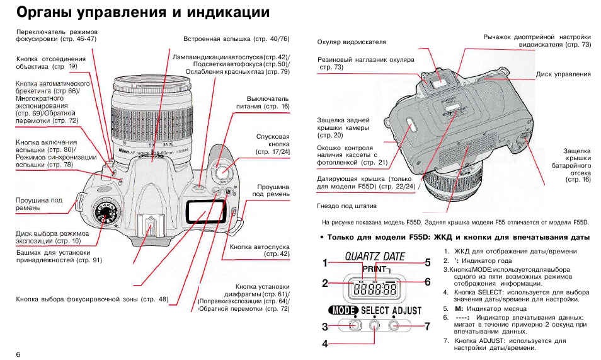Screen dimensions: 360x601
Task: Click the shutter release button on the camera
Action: [220, 170]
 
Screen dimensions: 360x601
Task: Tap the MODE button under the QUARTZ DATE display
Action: [354, 325]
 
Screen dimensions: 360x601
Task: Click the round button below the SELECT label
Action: [374, 325]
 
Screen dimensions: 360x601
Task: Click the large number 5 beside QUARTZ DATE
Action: [427, 262]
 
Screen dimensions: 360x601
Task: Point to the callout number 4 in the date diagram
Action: [326, 344]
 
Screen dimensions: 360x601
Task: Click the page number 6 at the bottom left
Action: [18, 354]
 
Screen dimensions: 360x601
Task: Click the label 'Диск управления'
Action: [563, 74]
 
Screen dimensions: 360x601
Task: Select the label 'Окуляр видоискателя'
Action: [352, 42]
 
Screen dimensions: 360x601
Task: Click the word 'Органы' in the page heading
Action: [45, 13]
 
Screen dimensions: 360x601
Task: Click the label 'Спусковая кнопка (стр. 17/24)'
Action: [272, 144]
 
